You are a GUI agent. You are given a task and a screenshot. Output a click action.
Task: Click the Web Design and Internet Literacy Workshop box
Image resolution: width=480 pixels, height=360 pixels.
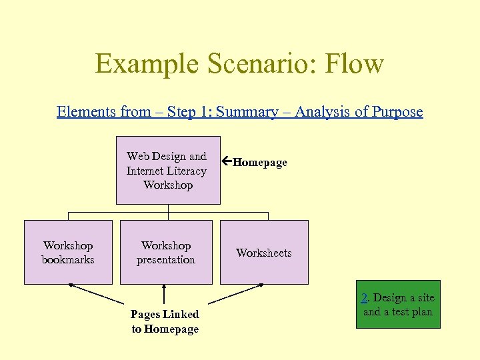[168, 171]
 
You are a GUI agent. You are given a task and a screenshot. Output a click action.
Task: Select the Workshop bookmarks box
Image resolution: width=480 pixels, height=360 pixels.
[68, 253]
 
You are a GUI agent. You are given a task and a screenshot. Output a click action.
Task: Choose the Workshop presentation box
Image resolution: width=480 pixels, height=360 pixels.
[166, 253]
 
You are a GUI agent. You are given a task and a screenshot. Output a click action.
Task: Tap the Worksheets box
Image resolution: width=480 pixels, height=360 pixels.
[264, 253]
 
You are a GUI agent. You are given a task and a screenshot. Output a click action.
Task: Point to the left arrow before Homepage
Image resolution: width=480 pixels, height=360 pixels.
[227, 162]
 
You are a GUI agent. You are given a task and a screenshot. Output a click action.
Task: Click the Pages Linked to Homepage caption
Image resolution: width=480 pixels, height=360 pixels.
[165, 321]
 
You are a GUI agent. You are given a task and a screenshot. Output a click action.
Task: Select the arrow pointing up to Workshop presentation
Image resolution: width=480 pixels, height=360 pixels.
[165, 295]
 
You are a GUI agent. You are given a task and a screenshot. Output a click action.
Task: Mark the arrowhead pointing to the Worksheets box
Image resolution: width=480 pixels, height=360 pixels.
[260, 286]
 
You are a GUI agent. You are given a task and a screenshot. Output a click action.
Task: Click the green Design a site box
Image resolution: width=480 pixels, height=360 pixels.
[398, 305]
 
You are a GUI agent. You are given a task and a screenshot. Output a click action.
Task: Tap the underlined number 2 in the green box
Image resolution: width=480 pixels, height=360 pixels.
[365, 298]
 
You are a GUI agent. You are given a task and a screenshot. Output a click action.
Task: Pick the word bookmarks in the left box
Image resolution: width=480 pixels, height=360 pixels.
[68, 260]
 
